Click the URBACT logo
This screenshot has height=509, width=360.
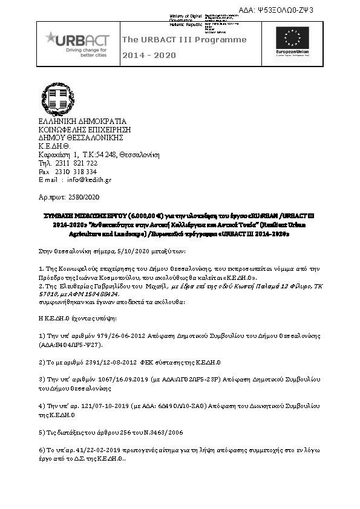point(77,44)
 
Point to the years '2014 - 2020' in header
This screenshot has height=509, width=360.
point(149,56)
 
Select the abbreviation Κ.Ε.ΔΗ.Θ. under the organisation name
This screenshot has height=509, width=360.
point(54,146)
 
